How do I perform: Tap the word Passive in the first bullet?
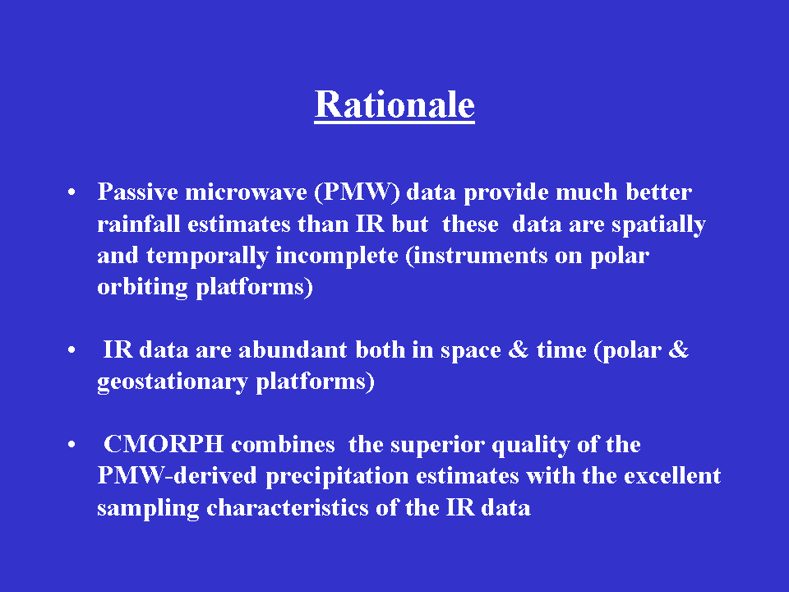pos(138,192)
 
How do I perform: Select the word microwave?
pos(246,192)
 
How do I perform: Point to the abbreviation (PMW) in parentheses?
pos(358,192)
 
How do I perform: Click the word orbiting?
pos(142,288)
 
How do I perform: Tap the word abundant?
pos(293,349)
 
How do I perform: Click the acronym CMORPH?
pos(164,444)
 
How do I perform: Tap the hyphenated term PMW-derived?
pos(178,476)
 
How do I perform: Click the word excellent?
pos(672,476)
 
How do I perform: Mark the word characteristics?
pos(288,507)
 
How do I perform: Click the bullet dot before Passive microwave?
pos(72,192)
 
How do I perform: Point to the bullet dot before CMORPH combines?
pos(72,444)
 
